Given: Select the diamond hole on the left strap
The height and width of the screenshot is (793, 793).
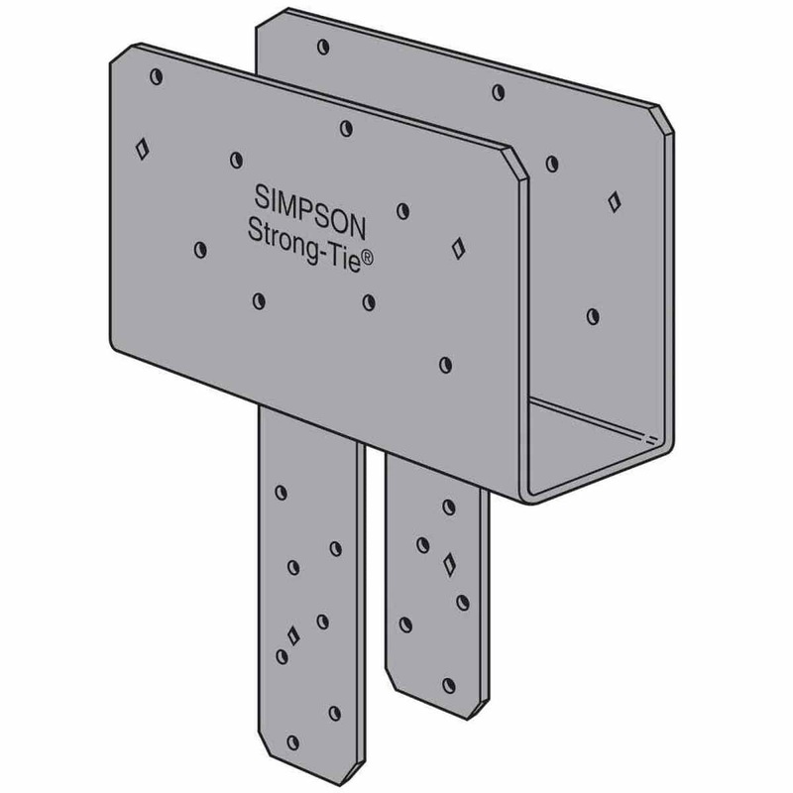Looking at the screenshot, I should [291, 634].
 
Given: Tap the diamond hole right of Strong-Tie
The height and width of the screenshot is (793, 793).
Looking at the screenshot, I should [457, 246].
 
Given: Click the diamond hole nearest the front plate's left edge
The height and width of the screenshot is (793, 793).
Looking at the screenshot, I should [142, 150].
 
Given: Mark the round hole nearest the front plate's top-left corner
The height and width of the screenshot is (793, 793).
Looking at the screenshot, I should [155, 74].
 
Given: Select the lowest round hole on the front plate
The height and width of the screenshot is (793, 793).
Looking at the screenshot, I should [444, 364].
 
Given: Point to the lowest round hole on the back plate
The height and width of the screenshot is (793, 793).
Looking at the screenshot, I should [592, 315].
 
